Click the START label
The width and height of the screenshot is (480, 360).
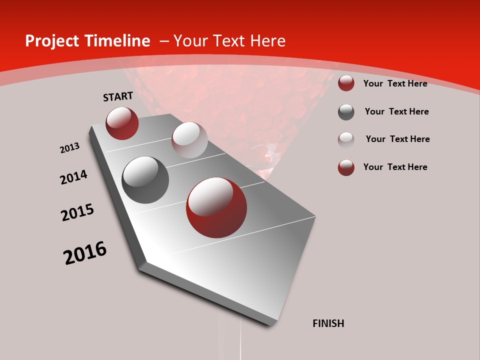118,96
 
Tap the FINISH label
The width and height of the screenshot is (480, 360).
328,323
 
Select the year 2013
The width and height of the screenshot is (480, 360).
69,148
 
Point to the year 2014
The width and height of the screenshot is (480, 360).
73,177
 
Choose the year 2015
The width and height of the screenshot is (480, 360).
77,212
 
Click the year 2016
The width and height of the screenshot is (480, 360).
85,252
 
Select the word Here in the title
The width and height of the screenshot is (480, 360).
267,41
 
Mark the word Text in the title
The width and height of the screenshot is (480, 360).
227,41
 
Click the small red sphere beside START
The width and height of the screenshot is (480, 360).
122,123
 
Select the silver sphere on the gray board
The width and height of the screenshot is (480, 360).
189,139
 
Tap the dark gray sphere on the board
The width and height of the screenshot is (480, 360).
145,179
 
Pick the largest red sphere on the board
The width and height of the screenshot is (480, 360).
216,207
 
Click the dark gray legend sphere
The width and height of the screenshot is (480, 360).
346,112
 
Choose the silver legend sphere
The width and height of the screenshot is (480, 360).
346,139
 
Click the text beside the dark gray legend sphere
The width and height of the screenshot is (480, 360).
396,111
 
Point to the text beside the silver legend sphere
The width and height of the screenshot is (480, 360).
397,139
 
